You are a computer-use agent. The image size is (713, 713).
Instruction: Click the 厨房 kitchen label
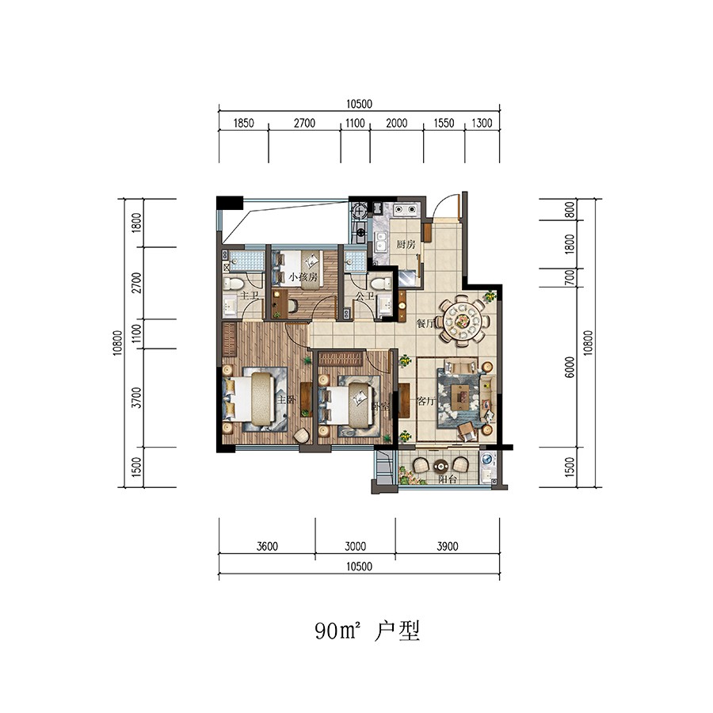[x=406, y=245]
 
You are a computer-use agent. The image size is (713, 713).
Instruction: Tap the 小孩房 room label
[x=303, y=277]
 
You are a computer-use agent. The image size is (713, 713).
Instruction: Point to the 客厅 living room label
[x=426, y=402]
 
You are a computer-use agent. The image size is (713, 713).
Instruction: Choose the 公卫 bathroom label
[x=365, y=295]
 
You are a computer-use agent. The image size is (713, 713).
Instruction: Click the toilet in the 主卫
[x=234, y=283]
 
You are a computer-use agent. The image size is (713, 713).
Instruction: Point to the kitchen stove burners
[x=406, y=210]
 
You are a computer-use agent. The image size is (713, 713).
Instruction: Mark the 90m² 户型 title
[x=366, y=631]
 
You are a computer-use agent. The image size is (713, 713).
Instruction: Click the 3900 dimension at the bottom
[x=448, y=546]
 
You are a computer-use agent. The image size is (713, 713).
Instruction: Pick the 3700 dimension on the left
[x=137, y=397]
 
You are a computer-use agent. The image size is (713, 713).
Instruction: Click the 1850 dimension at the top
[x=243, y=123]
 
